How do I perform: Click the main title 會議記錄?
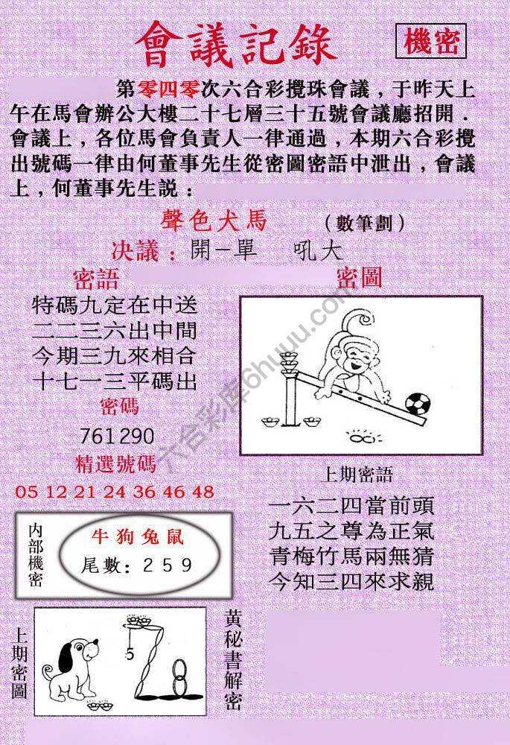tap(236, 44)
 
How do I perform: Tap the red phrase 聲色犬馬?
tap(213, 221)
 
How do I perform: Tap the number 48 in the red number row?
tap(203, 492)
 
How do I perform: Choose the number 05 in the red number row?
tap(26, 492)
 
